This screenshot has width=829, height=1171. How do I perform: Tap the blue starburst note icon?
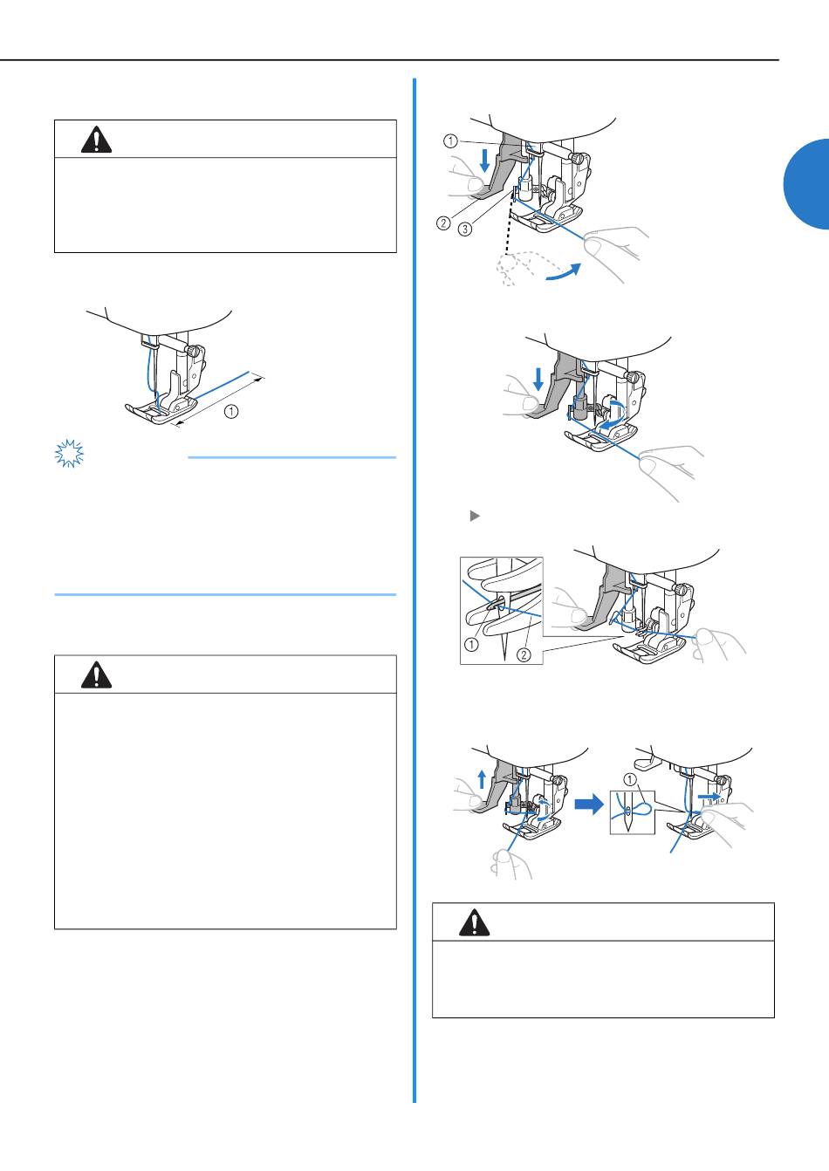click(x=69, y=453)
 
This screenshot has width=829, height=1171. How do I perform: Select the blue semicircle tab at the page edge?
click(x=807, y=184)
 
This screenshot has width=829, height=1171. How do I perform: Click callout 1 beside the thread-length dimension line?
click(x=231, y=411)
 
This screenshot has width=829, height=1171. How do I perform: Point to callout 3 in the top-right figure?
click(x=465, y=229)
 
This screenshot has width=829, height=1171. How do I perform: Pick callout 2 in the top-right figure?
click(x=443, y=223)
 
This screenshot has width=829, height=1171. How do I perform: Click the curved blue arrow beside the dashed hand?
click(x=563, y=272)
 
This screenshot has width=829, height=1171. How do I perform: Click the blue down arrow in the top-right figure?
click(x=485, y=160)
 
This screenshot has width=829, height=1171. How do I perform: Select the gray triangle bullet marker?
click(x=475, y=516)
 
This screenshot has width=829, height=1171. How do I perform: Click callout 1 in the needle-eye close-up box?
click(x=471, y=645)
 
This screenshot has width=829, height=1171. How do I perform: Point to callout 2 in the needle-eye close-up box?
click(x=524, y=654)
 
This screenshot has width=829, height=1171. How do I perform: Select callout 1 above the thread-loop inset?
click(x=630, y=780)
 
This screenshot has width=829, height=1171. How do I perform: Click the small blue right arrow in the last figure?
click(x=709, y=795)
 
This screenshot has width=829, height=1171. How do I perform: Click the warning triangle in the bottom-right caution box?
click(x=474, y=922)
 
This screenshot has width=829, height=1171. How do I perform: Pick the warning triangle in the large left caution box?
click(x=96, y=675)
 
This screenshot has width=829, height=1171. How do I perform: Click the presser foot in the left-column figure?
click(x=161, y=411)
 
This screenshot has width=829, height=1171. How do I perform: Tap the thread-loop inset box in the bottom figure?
click(x=633, y=812)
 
